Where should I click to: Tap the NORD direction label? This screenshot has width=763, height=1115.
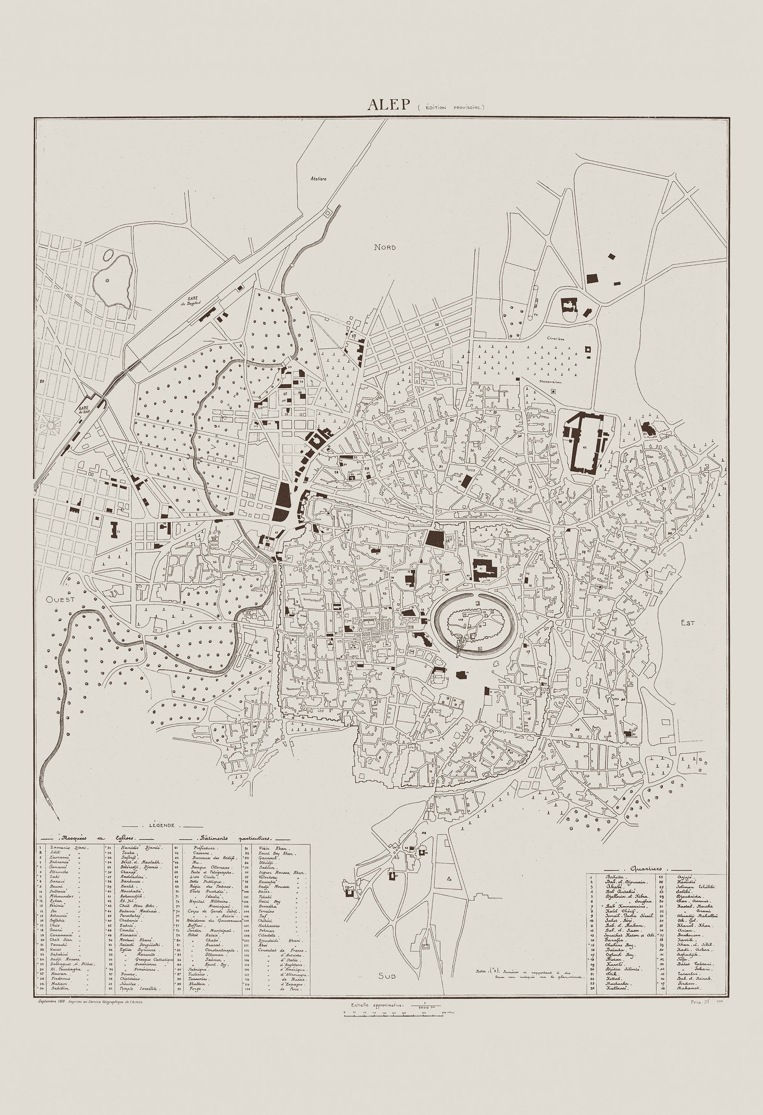pyautogui.click(x=385, y=247)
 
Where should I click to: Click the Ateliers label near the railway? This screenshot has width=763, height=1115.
pyautogui.click(x=318, y=178)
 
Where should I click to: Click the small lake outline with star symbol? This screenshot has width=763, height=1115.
pyautogui.click(x=113, y=281)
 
